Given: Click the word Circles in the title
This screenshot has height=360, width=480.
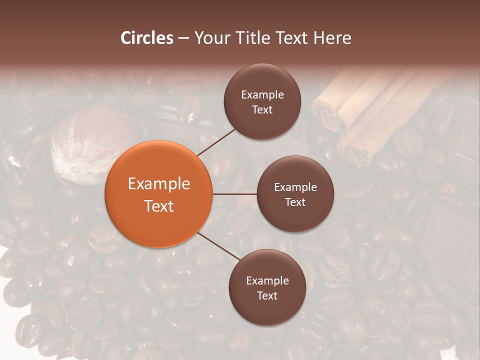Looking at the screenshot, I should coord(146,38).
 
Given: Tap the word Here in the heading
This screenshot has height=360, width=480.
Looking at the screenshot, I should coord(332,38).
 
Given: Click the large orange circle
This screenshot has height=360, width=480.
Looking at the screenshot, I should coord(158,194).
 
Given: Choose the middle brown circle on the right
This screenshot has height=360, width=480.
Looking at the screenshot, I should coord(295,194).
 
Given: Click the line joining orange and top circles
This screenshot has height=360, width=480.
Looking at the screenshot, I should coord(217,141).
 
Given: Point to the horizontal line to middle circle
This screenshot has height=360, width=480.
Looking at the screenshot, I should coord(234,194).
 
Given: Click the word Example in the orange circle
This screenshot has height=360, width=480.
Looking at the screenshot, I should coord(158,184).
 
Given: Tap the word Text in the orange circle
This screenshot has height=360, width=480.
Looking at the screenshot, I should coord(158,206).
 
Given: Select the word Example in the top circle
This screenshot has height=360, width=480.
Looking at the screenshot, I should coord(262,95).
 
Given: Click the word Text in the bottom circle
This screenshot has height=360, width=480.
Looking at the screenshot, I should coord(267,295).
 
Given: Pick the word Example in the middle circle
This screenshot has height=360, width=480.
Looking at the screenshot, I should coord(295,187).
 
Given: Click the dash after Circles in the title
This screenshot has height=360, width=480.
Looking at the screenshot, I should coord(183,38).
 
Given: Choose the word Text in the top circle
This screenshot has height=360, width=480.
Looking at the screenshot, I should coord(262,109).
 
